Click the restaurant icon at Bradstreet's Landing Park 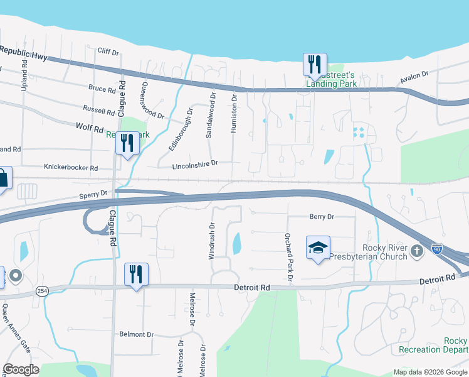[x=315, y=64]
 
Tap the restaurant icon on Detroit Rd [x=136, y=274]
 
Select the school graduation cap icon [x=318, y=248]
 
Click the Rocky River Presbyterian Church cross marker [x=418, y=252]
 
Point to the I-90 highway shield [x=437, y=249]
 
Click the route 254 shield [x=41, y=291]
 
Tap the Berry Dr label [x=322, y=217]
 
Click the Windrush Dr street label [x=212, y=241]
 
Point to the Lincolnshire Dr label [x=194, y=163]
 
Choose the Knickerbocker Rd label [x=71, y=168]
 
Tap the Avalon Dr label [x=414, y=78]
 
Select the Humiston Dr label [x=234, y=112]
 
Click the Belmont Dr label [x=136, y=334]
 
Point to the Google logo [x=21, y=369]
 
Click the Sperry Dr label [x=95, y=195]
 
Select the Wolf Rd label [x=89, y=128]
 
